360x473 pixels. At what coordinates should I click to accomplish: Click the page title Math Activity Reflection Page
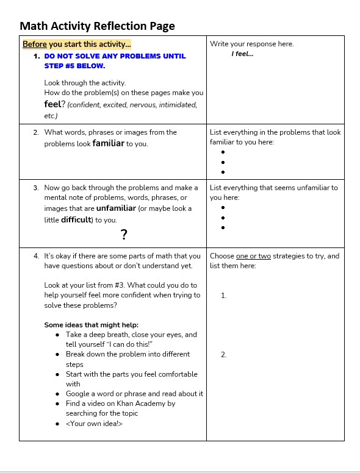97,26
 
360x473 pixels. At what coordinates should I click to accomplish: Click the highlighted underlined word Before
35,44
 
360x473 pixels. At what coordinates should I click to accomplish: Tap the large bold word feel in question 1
52,104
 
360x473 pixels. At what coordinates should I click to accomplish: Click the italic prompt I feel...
242,54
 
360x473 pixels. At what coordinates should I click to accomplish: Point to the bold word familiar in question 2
108,144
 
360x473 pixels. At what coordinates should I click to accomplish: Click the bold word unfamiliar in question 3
116,208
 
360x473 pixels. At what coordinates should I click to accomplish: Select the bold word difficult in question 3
76,220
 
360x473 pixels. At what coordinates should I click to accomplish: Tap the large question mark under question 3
124,234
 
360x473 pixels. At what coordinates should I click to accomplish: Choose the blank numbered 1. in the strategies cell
224,296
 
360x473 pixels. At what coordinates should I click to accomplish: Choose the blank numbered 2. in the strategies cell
224,354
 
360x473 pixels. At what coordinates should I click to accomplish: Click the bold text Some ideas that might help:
91,325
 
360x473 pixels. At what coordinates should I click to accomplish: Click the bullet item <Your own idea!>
94,424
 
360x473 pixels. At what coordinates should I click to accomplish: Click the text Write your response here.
251,44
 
